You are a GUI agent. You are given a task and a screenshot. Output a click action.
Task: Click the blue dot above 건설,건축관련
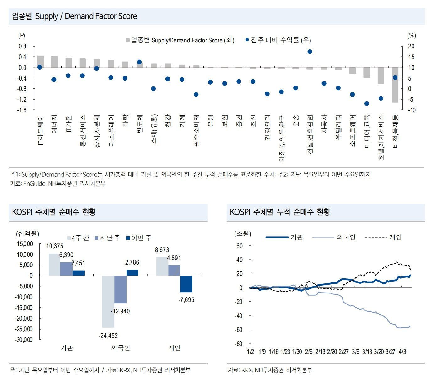[310, 52]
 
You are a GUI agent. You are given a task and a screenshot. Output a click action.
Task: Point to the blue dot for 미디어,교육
[366, 103]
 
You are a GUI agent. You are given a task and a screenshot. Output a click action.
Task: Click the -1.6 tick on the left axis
[22, 110]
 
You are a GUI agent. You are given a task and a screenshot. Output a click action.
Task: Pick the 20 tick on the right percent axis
[411, 46]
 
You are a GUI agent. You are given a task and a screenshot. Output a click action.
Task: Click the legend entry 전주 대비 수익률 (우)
[278, 40]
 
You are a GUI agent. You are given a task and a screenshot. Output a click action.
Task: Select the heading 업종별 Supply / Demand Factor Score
[74, 16]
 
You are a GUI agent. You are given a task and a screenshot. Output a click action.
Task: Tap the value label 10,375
[55, 246]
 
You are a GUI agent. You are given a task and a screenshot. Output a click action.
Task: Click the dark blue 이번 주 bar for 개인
[186, 284]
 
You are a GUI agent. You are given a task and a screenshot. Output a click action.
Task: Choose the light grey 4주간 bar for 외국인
[108, 301]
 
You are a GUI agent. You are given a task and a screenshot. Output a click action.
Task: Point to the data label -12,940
[120, 311]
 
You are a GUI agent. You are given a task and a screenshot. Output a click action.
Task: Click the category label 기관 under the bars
[67, 348]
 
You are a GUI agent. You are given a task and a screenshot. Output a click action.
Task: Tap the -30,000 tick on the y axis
[24, 340]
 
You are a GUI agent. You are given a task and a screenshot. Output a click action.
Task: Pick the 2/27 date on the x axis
[343, 352]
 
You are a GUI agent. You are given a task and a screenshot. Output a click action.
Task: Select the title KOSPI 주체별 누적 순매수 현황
[280, 212]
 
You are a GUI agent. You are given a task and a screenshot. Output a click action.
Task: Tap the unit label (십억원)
[27, 233]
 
